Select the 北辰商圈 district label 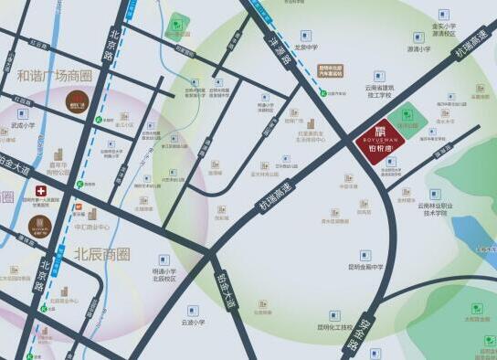pyautogui.click(x=102, y=253)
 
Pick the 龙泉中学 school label pyautogui.click(x=304, y=47)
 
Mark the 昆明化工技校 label pyautogui.click(x=334, y=326)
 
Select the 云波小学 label pyautogui.click(x=193, y=322)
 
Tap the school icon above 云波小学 pyautogui.click(x=193, y=310)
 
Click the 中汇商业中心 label pyautogui.click(x=91, y=227)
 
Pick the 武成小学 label pyautogui.click(x=23, y=125)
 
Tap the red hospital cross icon pyautogui.click(x=27, y=193)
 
